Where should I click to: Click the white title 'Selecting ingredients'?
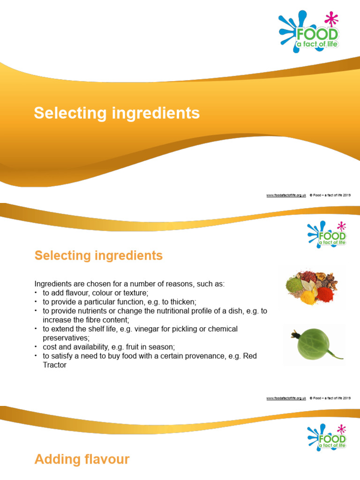coord(117,113)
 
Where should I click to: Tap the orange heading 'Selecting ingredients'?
coord(98,255)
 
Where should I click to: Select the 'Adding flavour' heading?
coord(82,459)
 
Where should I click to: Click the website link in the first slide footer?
coord(286,195)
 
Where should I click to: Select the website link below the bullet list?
coord(286,398)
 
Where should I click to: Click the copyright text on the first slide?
coord(330,195)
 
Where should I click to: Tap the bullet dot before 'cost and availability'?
coord(36,347)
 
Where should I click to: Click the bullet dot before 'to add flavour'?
coord(36,293)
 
